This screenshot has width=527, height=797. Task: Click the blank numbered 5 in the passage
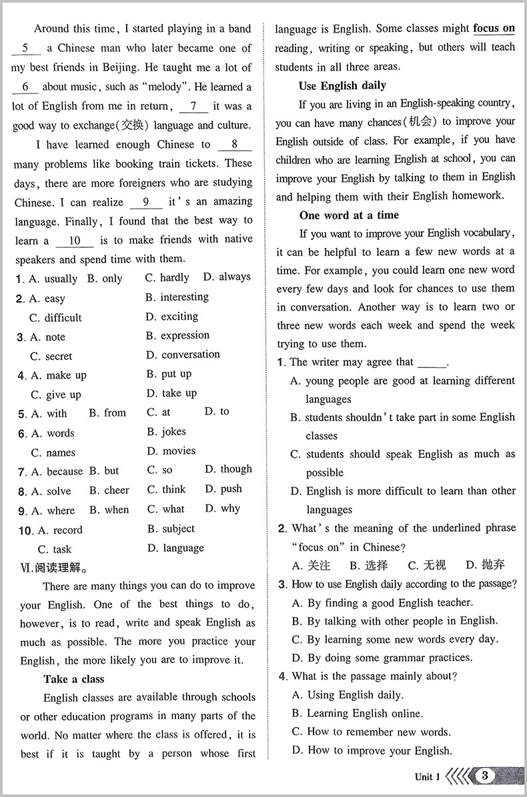pyautogui.click(x=26, y=49)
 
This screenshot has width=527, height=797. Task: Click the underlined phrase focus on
pyautogui.click(x=494, y=29)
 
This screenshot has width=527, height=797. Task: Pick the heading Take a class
pyautogui.click(x=74, y=679)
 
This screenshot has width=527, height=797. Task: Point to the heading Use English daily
pyautogui.click(x=342, y=86)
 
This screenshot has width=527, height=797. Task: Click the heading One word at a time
pyautogui.click(x=349, y=215)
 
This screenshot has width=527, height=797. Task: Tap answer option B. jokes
pyautogui.click(x=166, y=432)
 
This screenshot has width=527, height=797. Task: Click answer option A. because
pyautogui.click(x=57, y=472)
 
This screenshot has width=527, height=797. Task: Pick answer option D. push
pyautogui.click(x=223, y=488)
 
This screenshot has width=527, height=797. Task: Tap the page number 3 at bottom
pyautogui.click(x=485, y=776)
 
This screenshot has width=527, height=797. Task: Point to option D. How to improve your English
pyautogui.click(x=372, y=750)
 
